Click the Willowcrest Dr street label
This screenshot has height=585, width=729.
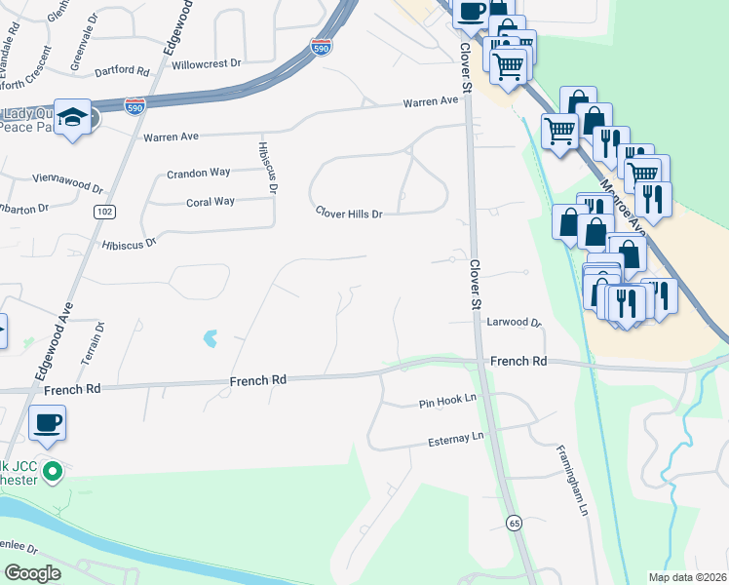pos(206,63)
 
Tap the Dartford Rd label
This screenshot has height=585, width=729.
pos(122,71)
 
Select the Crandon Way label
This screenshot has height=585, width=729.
pos(198,173)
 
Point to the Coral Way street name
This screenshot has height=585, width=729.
pos(211,202)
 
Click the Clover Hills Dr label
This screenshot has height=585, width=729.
pos(348,213)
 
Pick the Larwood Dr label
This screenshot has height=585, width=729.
pos(513,321)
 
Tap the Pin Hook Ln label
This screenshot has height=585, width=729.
pos(446,401)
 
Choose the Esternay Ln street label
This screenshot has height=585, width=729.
pos(456,439)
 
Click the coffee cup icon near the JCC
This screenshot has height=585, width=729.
pos(47,423)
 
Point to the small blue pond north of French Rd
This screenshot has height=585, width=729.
pos(209,339)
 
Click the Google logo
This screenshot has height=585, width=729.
pos(33,573)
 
